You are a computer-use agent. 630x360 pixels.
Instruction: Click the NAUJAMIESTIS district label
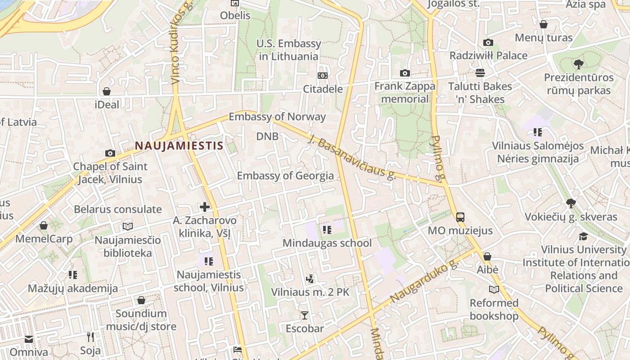click(179, 145)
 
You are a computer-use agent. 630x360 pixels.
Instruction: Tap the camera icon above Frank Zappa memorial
click(405, 73)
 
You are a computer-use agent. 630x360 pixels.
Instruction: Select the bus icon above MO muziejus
click(460, 217)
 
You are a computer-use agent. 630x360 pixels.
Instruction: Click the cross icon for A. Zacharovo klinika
click(205, 207)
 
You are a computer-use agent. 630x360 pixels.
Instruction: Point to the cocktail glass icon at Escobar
click(305, 315)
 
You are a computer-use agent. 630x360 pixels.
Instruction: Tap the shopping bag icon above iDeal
click(107, 91)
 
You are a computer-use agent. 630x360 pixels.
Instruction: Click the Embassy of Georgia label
click(285, 175)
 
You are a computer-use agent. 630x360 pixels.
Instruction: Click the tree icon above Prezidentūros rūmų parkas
click(579, 64)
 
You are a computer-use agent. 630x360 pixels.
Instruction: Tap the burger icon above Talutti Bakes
click(480, 73)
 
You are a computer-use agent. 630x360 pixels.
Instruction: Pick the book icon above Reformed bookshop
click(494, 289)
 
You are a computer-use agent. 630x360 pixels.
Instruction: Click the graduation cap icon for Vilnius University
click(583, 236)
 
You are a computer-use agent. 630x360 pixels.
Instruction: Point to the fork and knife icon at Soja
click(90, 337)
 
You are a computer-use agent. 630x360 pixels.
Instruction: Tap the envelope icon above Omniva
click(29, 339)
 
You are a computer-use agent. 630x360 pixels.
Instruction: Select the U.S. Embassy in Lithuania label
click(288, 50)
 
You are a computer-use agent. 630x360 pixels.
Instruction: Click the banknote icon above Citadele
click(323, 76)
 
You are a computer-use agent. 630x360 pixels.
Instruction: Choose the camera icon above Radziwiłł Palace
click(488, 43)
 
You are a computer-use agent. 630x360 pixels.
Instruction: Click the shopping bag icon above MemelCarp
click(44, 225)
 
